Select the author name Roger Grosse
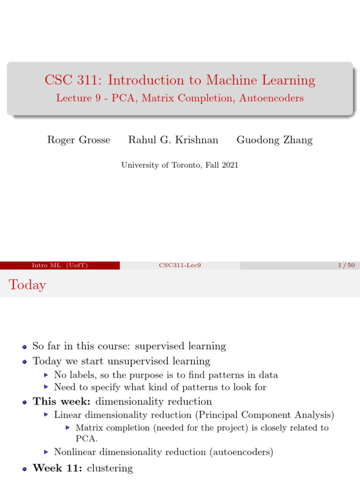(x=79, y=140)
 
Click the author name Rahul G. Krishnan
(x=173, y=140)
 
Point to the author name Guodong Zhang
(x=274, y=140)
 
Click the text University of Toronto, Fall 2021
(x=180, y=165)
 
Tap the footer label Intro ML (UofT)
(x=60, y=266)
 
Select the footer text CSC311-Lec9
(x=180, y=266)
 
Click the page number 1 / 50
(x=346, y=266)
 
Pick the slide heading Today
(x=27, y=285)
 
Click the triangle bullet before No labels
(x=45, y=375)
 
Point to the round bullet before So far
(x=24, y=347)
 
